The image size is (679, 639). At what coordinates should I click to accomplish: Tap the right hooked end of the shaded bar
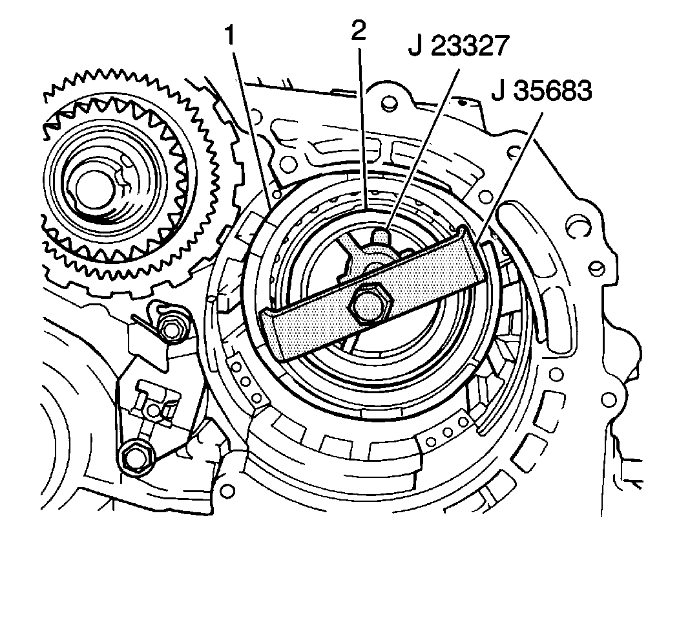pyautogui.click(x=470, y=246)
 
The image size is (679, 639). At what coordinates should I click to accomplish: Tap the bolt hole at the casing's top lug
pyautogui.click(x=388, y=102)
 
